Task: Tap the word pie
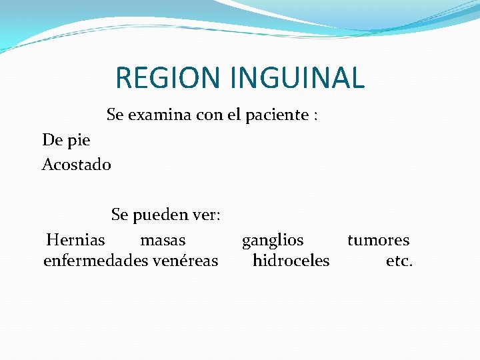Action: point(78,141)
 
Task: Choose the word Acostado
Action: point(77,164)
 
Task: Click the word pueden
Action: point(160,216)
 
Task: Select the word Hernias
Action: point(76,240)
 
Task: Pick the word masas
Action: point(163,240)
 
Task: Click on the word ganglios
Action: point(272,240)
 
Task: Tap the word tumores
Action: point(378,240)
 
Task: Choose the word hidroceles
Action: point(291,261)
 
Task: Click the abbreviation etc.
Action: point(399,261)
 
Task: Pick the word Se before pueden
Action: point(119,216)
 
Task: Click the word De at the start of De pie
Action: point(51,141)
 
